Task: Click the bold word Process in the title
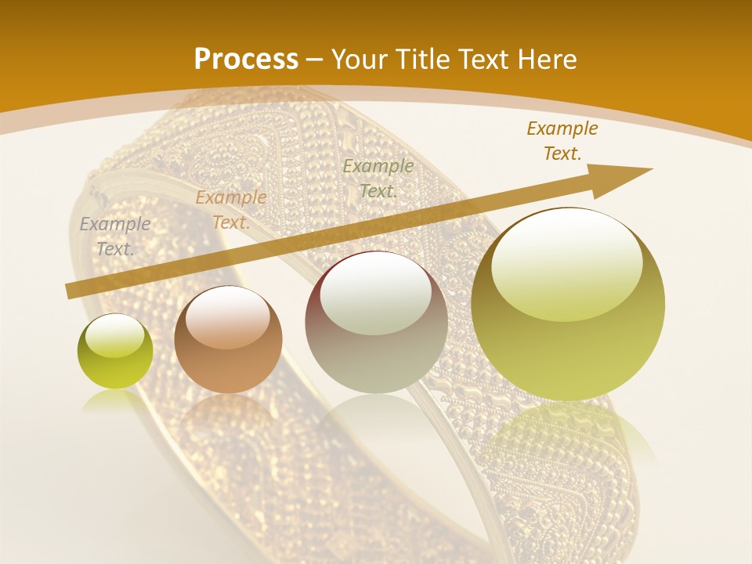[246, 60]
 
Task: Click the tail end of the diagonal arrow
[70, 291]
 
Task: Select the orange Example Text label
[231, 210]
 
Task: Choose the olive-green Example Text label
[378, 179]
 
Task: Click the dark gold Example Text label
[562, 141]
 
